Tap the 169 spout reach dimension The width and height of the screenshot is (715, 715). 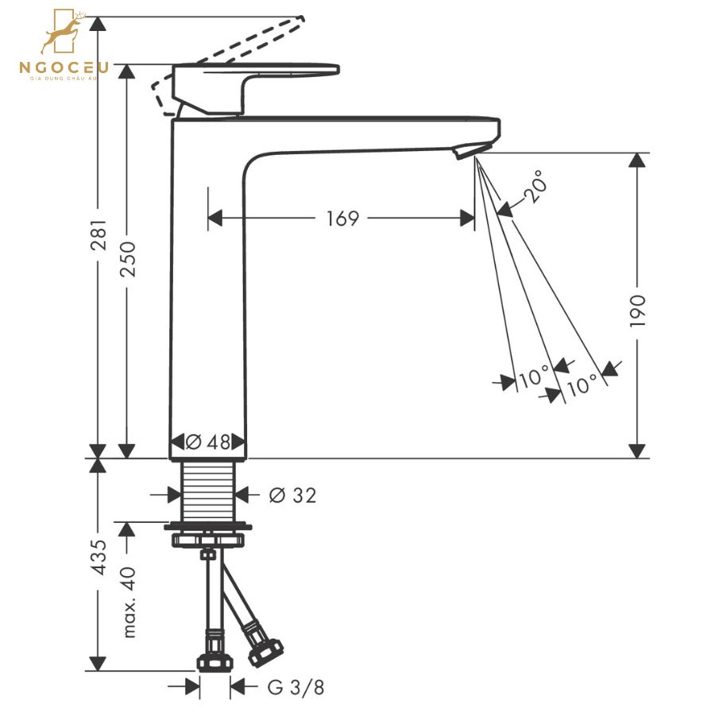point(343,218)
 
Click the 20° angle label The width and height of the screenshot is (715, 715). point(535,187)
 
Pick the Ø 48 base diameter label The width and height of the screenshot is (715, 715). point(208,443)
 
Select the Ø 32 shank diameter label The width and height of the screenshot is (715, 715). point(292,496)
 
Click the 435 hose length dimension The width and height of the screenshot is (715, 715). point(99,558)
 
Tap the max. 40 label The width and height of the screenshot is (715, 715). point(129,601)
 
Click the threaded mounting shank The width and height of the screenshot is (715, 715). point(208,493)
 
